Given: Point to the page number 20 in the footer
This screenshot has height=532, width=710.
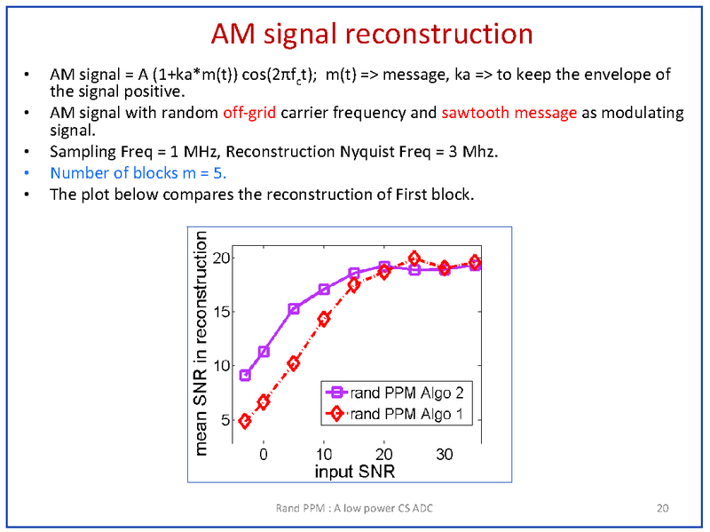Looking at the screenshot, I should point(662,508).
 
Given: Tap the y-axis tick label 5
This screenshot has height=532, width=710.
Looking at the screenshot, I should point(225,419).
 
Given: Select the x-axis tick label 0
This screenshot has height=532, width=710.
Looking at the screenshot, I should point(264,454).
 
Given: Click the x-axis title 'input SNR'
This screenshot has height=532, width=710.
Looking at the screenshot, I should point(354,470).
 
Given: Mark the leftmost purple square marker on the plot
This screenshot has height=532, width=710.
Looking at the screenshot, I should point(245,376).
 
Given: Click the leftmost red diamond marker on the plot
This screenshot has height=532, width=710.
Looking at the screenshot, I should point(245,421).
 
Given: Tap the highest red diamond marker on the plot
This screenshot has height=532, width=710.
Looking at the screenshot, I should point(414,258).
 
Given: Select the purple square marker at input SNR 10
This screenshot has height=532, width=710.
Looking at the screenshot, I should point(324,290).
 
